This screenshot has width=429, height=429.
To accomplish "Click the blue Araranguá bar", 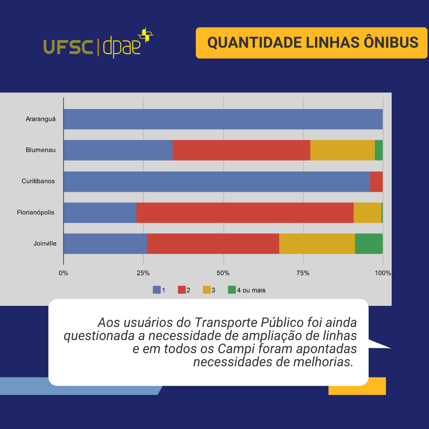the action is point(223,119).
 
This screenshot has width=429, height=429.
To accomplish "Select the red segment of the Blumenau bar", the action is point(242,150).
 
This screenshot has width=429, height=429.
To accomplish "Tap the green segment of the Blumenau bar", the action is point(379,150).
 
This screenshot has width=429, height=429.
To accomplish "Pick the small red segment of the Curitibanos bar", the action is point(376,182).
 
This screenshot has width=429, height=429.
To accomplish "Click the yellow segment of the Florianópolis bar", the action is point(367,213).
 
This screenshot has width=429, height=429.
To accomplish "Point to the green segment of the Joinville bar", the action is point(369,243).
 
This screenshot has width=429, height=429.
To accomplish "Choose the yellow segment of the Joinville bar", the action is point(317,243).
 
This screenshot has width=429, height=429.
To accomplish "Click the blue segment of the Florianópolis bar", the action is point(100,213).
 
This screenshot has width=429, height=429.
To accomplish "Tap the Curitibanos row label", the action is point(38,181).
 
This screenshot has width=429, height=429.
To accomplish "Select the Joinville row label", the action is point(45,243).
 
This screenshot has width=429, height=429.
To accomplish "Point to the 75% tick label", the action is point(303,273).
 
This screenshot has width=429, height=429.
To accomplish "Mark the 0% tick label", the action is point(63,273).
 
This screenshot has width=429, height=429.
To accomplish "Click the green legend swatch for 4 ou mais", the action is point(232,290).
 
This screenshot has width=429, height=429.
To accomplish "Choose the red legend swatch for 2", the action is point(182,290).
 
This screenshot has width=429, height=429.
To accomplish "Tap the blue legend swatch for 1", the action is point(157,290).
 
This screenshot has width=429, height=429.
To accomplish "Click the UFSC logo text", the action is point(68,47).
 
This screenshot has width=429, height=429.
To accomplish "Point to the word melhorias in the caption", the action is point(323,362).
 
